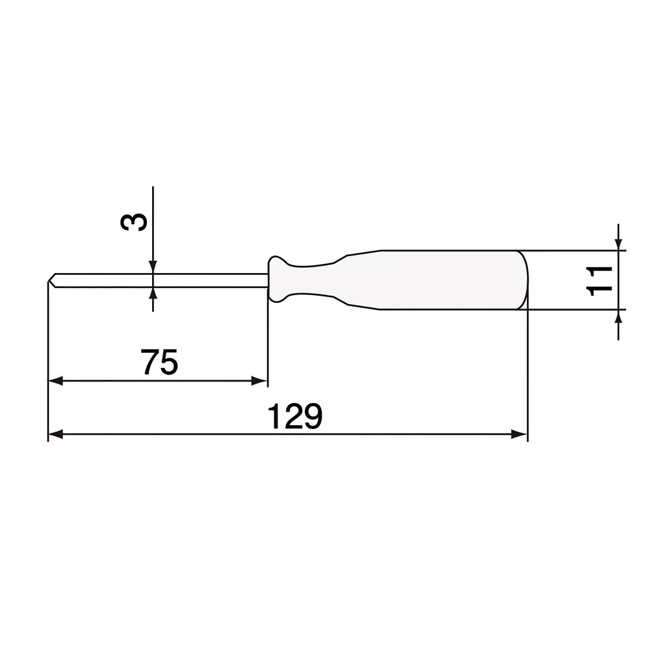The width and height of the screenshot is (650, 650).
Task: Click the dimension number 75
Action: [x=160, y=363]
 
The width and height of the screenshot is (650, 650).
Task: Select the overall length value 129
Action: [x=295, y=416]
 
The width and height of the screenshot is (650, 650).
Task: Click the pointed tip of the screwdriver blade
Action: [x=50, y=280]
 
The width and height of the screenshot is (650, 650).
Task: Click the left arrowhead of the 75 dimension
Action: [x=55, y=382]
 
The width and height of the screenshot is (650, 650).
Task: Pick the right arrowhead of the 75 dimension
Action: [x=260, y=382]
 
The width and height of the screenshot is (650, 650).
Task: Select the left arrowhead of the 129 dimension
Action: [x=55, y=434]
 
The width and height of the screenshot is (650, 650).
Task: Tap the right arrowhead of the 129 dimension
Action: [x=519, y=434]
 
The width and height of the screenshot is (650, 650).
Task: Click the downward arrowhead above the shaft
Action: [x=152, y=266]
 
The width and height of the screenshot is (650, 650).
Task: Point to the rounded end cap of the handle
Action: [x=523, y=280]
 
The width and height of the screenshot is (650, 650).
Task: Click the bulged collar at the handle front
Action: [x=276, y=279]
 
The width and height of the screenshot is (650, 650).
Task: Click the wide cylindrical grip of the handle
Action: [x=442, y=280]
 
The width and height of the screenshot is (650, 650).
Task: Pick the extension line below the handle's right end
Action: [x=528, y=377]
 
